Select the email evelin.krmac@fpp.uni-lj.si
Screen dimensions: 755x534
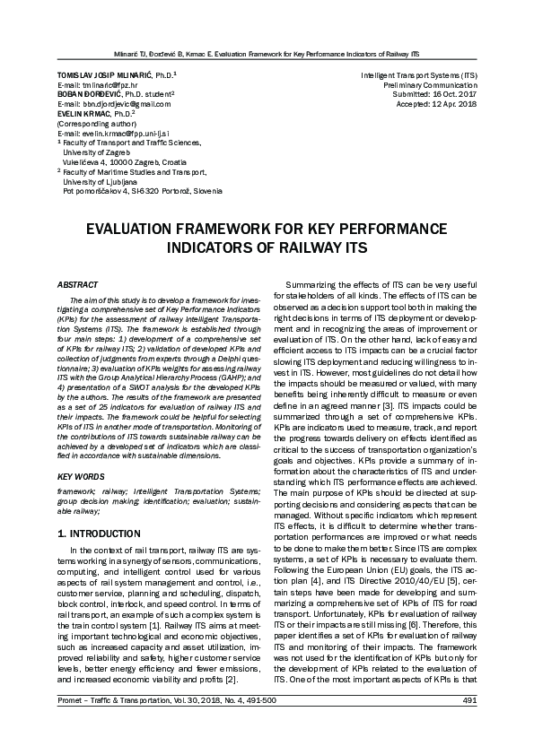point(118,133)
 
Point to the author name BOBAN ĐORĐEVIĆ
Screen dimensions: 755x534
point(94,93)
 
